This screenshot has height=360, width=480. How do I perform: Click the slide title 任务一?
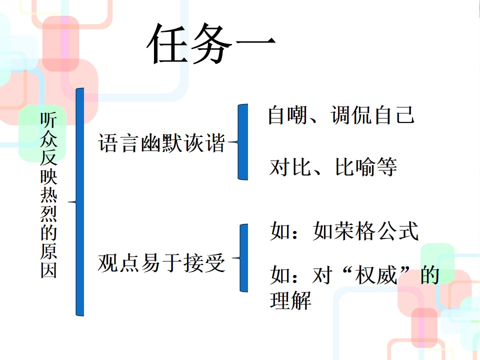pyautogui.click(x=211, y=43)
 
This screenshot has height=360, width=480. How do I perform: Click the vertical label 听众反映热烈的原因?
pyautogui.click(x=48, y=195)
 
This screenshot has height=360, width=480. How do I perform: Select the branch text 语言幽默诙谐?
pyautogui.click(x=161, y=142)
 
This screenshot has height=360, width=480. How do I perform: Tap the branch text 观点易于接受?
pyautogui.click(x=161, y=263)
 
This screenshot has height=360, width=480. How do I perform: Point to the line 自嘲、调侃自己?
pyautogui.click(x=341, y=115)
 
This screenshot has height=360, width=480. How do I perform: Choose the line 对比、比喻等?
pyautogui.click(x=333, y=167)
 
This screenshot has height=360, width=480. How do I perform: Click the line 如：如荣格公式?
pyautogui.click(x=344, y=231)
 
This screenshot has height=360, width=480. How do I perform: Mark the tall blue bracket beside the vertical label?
pyautogui.click(x=80, y=202)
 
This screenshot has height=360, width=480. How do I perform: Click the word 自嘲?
pyautogui.click(x=288, y=115)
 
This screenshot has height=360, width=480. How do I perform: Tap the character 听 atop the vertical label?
pyautogui.click(x=48, y=120)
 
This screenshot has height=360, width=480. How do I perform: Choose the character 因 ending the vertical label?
pyautogui.click(x=48, y=270)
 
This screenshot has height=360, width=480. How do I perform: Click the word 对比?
pyautogui.click(x=290, y=167)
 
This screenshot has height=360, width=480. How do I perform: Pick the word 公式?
pyautogui.click(x=397, y=231)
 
